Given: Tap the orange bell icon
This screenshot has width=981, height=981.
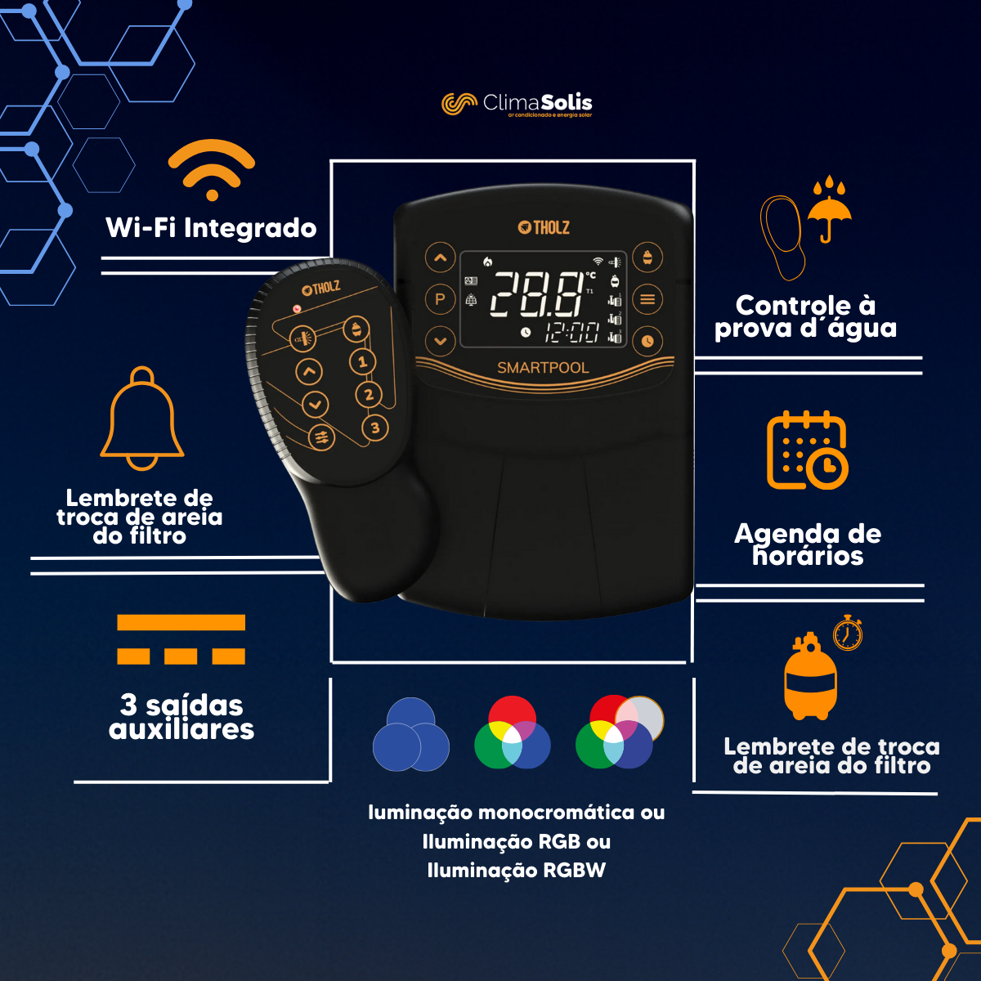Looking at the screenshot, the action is tap(142, 419).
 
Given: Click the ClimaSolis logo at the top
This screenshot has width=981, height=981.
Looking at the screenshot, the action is tap(517, 105).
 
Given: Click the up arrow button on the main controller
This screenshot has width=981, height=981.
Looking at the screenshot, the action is tap(441, 258).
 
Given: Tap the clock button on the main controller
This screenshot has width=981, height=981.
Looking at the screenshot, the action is tap(647, 341).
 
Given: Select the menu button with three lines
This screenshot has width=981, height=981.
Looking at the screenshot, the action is tap(647, 299).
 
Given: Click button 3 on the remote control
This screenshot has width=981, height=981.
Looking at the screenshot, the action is tap(375, 428).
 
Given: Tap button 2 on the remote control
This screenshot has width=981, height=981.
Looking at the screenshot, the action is tap(369, 395).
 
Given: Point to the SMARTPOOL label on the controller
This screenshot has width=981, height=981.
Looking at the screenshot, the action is tap(543, 368).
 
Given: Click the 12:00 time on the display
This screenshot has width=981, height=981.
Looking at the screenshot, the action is tap(572, 333).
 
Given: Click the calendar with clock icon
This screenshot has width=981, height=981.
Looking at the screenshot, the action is tap(808, 450).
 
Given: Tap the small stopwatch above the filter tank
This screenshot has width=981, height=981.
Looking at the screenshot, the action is tap(848, 633).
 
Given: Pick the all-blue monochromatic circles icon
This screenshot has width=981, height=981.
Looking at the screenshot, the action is tap(411, 734).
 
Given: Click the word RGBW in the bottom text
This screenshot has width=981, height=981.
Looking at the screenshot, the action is tap(574, 870).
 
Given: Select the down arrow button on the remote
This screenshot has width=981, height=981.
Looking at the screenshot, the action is tap(315, 405).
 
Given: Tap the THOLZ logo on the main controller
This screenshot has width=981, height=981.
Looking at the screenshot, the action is tap(544, 227).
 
